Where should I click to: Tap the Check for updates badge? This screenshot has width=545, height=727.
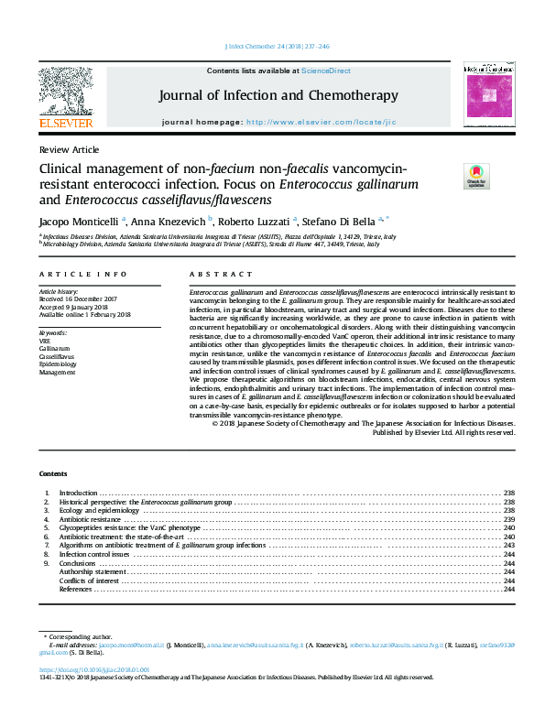click(x=476, y=175)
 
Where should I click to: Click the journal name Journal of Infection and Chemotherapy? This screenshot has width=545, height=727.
click(x=278, y=95)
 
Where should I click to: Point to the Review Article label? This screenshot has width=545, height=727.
click(x=69, y=148)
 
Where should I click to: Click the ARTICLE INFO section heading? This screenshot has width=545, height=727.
click(x=82, y=274)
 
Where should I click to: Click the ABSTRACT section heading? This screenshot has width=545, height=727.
click(x=221, y=274)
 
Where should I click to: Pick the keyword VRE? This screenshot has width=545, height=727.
click(x=45, y=340)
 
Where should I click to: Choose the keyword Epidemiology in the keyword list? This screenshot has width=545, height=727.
click(x=58, y=364)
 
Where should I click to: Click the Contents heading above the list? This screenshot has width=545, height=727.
click(x=53, y=473)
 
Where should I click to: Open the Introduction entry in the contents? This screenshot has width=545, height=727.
click(x=78, y=493)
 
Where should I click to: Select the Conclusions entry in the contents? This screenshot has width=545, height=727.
click(x=79, y=563)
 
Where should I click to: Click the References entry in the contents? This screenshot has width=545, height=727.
click(x=75, y=589)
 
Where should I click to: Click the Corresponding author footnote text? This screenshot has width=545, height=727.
click(x=82, y=635)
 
